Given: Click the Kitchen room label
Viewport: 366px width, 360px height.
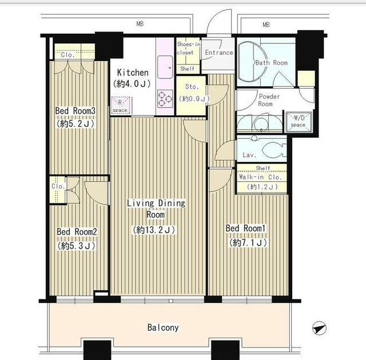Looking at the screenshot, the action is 133,73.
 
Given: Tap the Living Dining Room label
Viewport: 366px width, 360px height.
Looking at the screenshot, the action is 156,209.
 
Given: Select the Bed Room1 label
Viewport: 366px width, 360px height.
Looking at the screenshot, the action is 245,228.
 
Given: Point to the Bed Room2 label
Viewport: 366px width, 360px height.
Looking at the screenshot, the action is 77,231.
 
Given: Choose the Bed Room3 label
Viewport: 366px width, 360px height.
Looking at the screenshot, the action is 75,110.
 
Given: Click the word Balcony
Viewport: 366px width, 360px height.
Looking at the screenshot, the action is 163,327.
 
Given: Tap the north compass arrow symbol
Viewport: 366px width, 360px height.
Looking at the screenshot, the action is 319,328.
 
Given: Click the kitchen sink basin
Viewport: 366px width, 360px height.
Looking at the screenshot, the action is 165,67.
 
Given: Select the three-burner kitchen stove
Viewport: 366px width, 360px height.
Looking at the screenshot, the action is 165,99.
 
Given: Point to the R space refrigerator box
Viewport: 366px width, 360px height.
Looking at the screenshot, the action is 121,106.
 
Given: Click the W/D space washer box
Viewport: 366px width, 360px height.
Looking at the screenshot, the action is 299,122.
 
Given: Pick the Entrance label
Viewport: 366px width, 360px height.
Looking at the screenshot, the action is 219,53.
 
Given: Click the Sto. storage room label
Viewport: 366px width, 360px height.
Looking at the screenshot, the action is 192,87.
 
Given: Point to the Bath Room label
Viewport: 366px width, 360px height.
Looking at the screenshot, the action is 272,63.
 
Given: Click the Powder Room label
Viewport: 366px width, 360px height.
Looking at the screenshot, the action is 269,100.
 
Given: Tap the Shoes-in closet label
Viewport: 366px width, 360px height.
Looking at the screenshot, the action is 188,48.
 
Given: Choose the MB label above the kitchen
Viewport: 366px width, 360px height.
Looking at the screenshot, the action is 140,23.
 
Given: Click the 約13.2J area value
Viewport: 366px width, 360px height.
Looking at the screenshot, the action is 154,230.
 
